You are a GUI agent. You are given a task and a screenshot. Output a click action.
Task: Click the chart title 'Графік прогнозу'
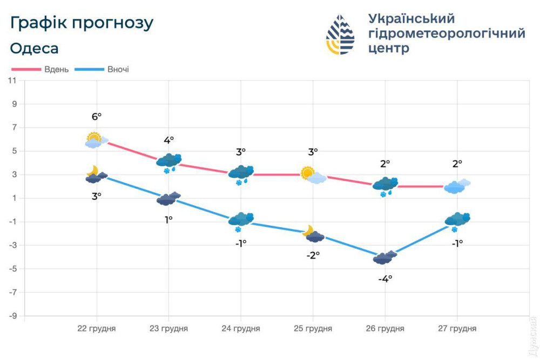click(82, 23)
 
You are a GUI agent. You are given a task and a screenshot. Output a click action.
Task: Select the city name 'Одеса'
click(35, 48)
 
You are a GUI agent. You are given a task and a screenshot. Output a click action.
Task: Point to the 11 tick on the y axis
click(12, 80)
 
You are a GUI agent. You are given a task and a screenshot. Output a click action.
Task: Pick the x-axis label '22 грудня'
click(97, 329)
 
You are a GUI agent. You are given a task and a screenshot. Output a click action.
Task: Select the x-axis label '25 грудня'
click(313, 329)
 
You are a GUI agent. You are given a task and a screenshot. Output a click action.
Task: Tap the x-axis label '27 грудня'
click(457, 329)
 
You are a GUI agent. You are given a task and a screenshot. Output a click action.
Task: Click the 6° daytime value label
click(97, 117)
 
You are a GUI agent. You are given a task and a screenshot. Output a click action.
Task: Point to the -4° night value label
click(385, 279)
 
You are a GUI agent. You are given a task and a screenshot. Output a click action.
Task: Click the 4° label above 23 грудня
click(168, 140)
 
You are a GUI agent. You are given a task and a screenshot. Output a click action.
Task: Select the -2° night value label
click(313, 255)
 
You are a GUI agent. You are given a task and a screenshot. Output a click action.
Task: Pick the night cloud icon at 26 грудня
click(385, 257)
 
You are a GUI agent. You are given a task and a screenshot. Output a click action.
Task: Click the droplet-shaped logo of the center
click(340, 35)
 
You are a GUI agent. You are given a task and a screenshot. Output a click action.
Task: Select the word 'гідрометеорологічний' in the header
click(447, 33)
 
